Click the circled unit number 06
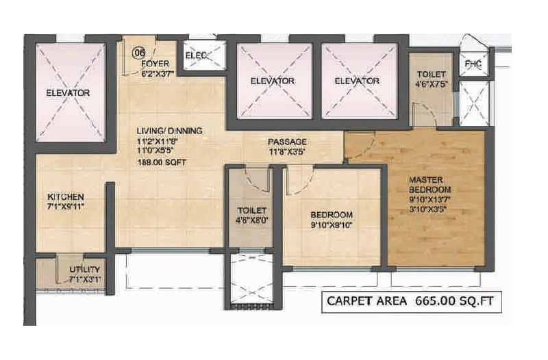tap(139, 53)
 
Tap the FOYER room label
tap(155, 64)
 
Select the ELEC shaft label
tap(196, 55)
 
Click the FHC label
tap(473, 64)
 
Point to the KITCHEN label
tap(66, 197)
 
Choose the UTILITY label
tap(84, 270)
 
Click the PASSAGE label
tap(287, 142)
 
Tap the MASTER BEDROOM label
tap(430, 185)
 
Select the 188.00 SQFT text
tap(162, 162)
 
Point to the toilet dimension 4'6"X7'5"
tap(432, 84)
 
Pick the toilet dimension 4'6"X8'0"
tap(252, 220)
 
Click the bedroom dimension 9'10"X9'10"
tap(332, 225)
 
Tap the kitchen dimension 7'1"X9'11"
tap(66, 207)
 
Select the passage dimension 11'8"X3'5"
tap(287, 152)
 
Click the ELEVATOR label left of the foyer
tap(68, 93)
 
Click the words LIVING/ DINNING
tap(169, 131)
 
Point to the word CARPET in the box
tap(366, 301)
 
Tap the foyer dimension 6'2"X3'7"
tap(158, 74)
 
